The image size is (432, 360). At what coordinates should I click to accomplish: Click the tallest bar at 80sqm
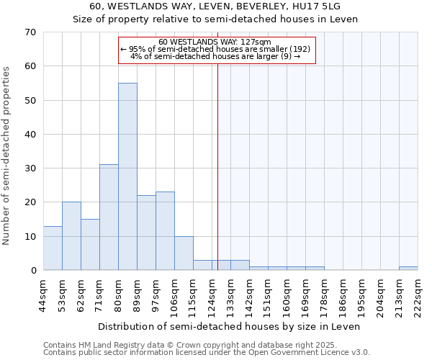coord(127,176)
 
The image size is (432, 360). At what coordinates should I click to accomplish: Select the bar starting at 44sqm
coord(53,248)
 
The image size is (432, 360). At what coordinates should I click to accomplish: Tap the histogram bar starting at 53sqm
coord(71,236)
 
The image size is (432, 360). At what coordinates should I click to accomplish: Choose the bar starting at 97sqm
coord(165,230)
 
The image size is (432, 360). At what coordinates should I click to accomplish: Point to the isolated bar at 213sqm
coord(408,269)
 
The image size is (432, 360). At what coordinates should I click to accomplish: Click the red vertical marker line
coord(217,166)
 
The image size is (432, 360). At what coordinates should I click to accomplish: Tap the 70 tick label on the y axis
coord(30,32)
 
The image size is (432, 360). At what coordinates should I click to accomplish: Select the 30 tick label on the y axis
coord(30,168)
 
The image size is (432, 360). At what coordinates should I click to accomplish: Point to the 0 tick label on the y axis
coord(32,271)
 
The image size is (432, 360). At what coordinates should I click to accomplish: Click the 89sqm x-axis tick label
coord(137,294)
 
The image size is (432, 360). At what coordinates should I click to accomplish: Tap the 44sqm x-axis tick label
coord(43,294)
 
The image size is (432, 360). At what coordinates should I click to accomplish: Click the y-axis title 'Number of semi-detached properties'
coord(6,156)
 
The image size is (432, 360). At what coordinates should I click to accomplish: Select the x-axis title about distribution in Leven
coord(230,326)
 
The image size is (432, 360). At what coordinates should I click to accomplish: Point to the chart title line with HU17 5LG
coord(215,6)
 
